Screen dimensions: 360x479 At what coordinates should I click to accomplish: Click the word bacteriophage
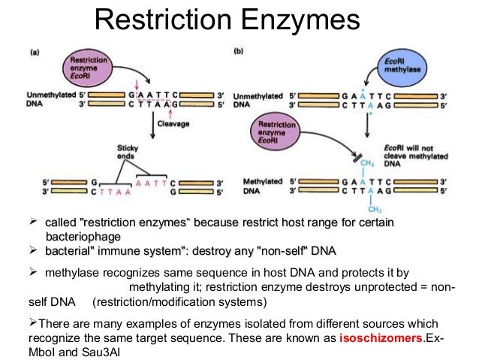(83, 237)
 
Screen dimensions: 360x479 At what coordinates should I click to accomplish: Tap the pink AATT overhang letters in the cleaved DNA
(152, 180)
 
